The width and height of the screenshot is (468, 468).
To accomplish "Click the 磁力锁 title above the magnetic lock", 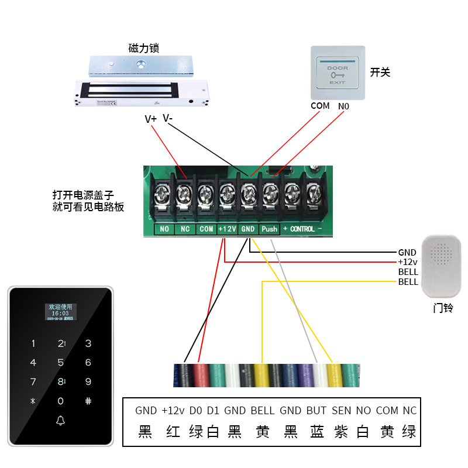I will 143,47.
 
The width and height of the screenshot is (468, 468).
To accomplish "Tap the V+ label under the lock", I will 150,119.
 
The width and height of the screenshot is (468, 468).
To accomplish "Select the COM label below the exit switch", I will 320,106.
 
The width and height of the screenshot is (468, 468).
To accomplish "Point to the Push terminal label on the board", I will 270,229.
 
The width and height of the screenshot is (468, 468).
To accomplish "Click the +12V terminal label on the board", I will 227,229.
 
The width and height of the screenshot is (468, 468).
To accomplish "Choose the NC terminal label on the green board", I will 185,229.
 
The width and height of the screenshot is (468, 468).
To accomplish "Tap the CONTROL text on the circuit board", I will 302,229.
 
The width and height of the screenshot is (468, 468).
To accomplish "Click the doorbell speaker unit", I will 441,267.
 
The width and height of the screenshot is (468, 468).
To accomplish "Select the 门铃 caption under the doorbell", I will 443,308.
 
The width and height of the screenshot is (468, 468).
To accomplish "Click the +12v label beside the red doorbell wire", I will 408,262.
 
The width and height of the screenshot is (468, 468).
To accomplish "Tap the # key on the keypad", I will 88,401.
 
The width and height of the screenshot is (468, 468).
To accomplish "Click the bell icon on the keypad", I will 60,421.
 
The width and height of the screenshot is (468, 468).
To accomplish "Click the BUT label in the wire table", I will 316,411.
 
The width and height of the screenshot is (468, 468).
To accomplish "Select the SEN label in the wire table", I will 341,411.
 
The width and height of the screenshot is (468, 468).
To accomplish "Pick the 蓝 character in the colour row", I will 317,432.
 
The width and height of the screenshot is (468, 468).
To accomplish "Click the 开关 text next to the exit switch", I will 380,73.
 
